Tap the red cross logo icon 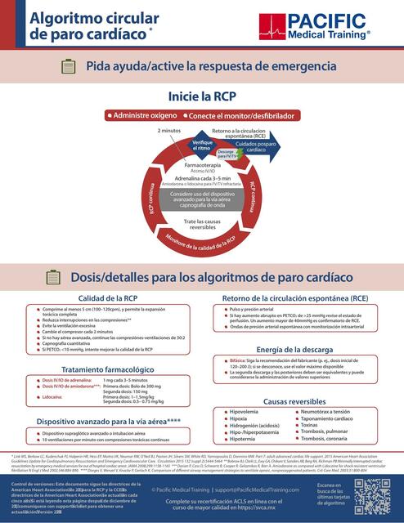pyautogui.click(x=271, y=26)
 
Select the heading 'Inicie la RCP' pyautogui.click(x=201, y=96)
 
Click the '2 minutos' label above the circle pyautogui.click(x=169, y=131)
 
